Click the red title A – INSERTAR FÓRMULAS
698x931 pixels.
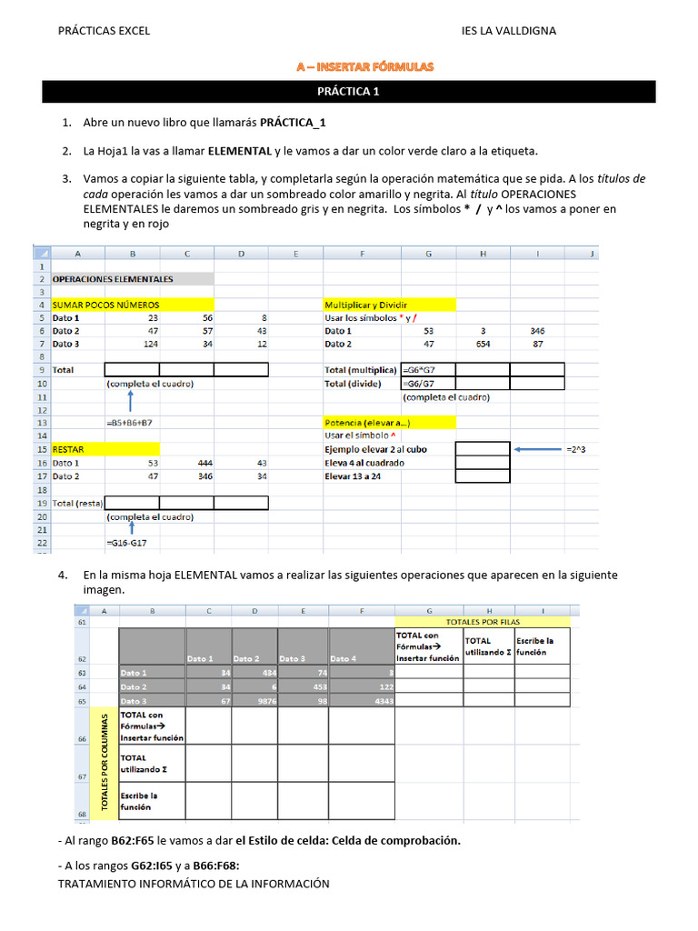[365, 66]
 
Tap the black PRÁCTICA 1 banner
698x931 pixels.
[349, 91]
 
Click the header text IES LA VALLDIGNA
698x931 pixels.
[509, 31]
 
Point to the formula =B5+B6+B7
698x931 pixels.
[130, 423]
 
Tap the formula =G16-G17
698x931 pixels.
[127, 543]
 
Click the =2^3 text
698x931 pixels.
[576, 449]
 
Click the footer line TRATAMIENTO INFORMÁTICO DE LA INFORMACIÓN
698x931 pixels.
[194, 884]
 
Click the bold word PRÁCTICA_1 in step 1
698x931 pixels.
[293, 123]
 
